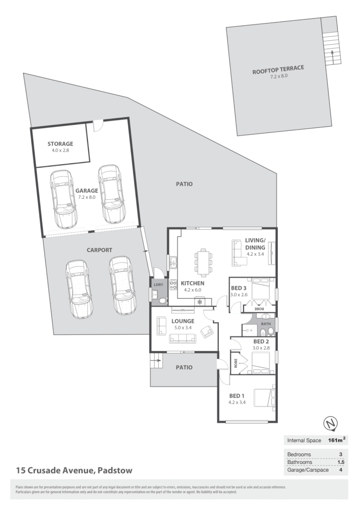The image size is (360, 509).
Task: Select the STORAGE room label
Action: point(60,144)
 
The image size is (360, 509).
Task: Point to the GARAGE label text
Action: point(87,190)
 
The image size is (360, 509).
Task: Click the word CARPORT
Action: point(99,250)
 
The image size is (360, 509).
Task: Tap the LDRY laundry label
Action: point(158,285)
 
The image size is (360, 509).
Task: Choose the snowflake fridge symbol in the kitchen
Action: point(199,302)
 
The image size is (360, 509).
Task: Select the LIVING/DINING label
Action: point(255,244)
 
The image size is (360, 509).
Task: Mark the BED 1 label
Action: point(237,396)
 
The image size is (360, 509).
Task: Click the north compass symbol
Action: point(330,423)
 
